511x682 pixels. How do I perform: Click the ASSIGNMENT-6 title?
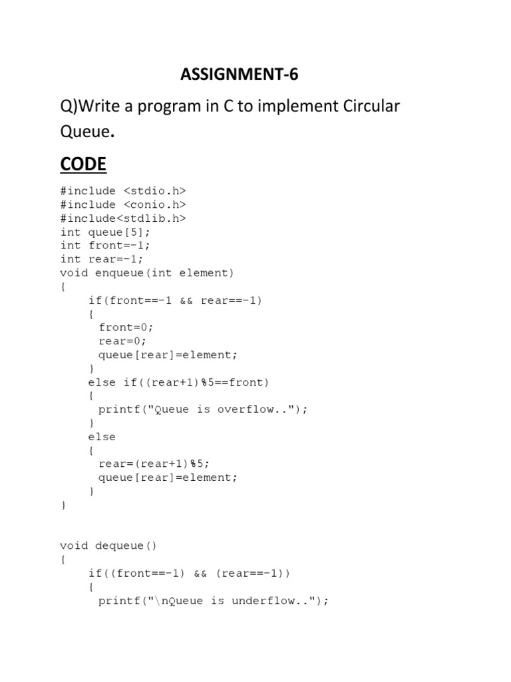239,75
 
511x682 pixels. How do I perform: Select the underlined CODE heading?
83,164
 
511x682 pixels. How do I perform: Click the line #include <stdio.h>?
123,191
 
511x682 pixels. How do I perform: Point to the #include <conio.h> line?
123,204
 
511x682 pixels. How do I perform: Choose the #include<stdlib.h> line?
123,218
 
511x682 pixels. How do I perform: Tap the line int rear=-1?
102,259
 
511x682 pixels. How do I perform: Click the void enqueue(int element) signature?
147,273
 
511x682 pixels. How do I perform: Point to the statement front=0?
126,328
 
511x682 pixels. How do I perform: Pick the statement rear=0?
122,341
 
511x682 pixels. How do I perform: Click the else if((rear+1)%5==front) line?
178,382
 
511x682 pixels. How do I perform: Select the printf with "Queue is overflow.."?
203,410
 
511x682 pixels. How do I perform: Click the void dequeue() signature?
108,546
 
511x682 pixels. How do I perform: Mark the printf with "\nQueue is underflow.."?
214,601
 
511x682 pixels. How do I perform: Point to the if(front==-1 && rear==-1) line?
176,300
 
